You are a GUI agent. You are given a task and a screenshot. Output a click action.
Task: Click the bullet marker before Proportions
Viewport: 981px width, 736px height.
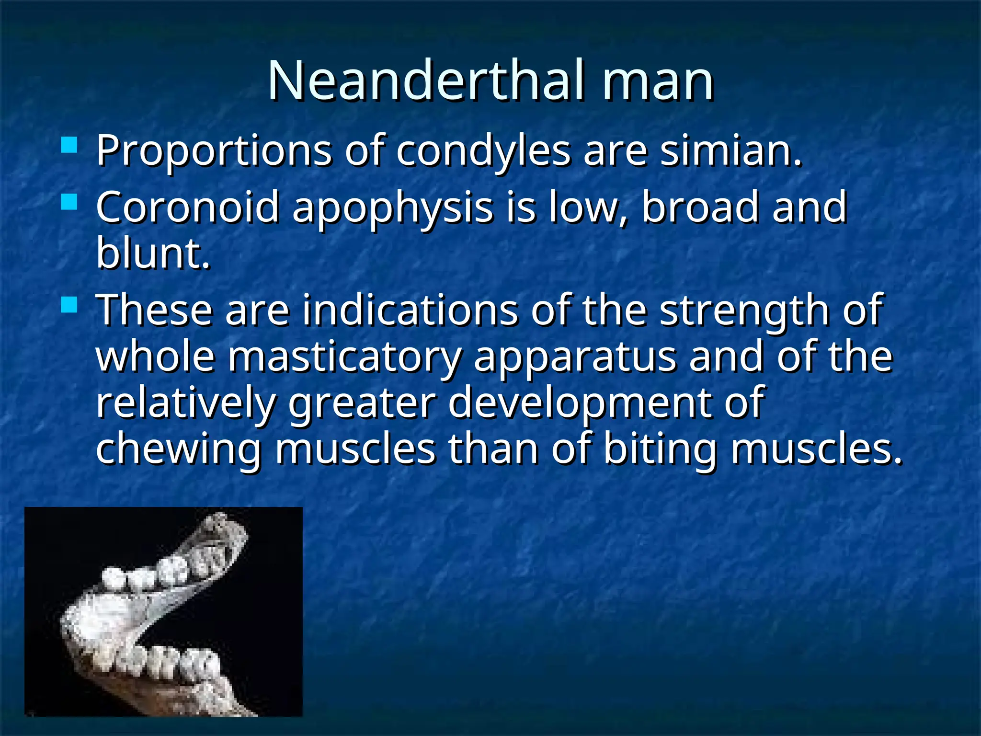69,145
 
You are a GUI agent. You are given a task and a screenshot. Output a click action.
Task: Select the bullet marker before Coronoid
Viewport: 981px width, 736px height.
69,202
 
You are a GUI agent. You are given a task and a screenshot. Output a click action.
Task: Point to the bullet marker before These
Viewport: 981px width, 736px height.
69,305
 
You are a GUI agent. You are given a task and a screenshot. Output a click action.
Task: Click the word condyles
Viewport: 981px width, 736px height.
483,151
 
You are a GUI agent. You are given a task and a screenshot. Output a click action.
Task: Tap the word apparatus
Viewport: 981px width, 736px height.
575,358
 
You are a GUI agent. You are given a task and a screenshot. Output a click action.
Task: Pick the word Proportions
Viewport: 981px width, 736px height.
214,151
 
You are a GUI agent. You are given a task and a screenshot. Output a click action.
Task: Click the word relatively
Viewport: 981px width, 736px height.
186,403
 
